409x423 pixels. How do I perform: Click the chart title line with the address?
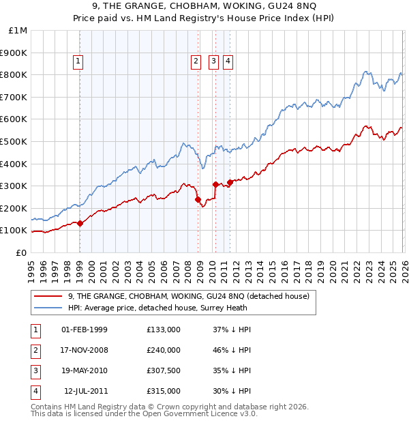[204, 8]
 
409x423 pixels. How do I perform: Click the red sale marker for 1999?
[80, 222]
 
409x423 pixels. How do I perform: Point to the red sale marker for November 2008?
[198, 199]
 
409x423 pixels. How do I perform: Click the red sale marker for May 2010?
[215, 184]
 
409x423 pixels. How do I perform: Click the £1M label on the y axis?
[18, 30]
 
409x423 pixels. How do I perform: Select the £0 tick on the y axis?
[21, 252]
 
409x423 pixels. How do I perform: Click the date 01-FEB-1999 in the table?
[84, 330]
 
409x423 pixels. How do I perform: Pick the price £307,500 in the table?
[163, 370]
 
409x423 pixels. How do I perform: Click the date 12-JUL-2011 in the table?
[85, 391]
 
